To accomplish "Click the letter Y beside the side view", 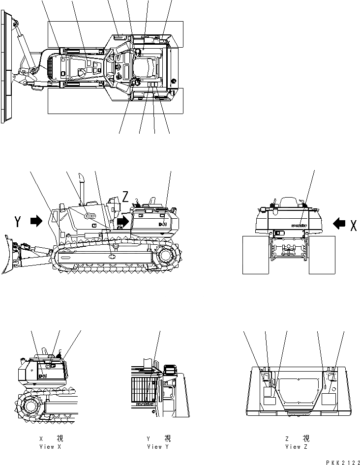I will (x=18, y=222).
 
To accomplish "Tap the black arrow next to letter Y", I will (x=36, y=222).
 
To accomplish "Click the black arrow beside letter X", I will (x=339, y=224).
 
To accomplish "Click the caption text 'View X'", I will (x=51, y=447).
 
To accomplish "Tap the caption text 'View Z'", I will (x=297, y=447).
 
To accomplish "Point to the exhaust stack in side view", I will (x=83, y=187).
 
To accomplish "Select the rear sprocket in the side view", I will (x=167, y=256).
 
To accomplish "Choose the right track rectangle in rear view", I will (x=322, y=255).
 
